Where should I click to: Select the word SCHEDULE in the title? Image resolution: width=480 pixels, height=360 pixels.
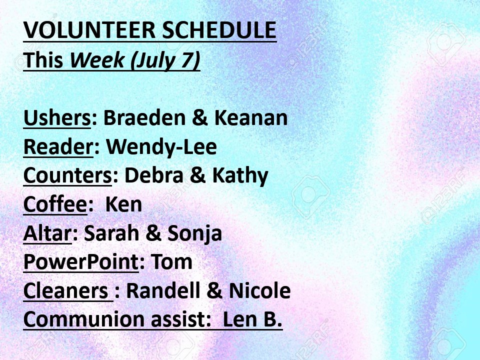click(x=219, y=30)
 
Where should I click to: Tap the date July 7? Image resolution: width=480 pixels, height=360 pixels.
click(x=165, y=60)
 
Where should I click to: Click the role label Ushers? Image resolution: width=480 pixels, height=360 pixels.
click(x=57, y=118)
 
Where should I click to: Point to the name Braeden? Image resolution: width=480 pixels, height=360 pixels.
click(x=144, y=117)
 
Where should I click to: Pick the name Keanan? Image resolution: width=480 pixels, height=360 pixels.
click(x=251, y=117)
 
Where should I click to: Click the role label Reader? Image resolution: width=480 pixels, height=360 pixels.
click(x=58, y=147)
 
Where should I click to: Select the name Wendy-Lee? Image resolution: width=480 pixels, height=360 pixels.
click(x=161, y=147)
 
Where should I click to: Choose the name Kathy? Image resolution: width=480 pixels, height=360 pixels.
click(x=240, y=176)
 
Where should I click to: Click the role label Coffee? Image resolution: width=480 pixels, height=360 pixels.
click(x=55, y=204)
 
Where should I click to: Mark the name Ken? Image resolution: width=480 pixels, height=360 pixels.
click(x=123, y=204)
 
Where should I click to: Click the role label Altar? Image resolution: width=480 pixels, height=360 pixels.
click(x=47, y=233)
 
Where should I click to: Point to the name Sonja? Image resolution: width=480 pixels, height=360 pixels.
click(x=194, y=233)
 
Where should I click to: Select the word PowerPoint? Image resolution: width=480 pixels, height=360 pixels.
click(x=81, y=262)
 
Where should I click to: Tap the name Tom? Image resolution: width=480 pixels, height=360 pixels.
click(x=171, y=262)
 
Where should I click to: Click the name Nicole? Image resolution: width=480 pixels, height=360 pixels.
click(x=259, y=290)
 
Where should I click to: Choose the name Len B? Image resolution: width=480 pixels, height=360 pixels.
click(x=252, y=319)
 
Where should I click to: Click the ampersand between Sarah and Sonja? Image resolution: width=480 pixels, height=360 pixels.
click(x=153, y=233)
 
